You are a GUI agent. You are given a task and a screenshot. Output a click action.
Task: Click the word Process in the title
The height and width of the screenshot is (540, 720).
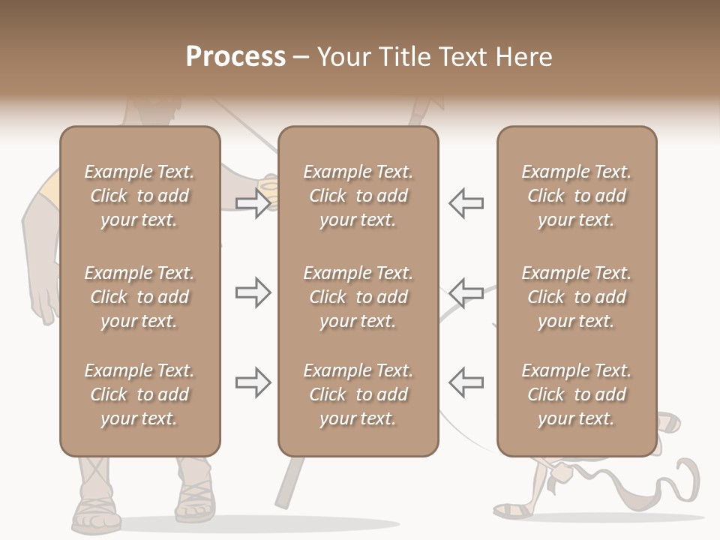pos(235,57)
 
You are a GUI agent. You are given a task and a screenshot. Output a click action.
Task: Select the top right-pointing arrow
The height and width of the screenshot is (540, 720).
pos(253,203)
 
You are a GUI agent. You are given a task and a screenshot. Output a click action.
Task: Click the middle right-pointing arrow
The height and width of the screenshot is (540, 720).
pos(253,292)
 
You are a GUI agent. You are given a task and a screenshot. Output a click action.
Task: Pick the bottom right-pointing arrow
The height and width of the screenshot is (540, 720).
pos(253,382)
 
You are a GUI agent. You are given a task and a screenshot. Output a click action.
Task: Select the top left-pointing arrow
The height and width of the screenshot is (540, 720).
pos(466,203)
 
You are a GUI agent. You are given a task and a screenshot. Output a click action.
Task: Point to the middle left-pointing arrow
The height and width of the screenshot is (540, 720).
pos(466,292)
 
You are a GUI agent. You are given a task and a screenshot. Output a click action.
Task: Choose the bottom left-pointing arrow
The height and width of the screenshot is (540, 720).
pos(466,382)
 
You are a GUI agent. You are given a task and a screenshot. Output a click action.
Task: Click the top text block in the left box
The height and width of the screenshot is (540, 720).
pos(139,196)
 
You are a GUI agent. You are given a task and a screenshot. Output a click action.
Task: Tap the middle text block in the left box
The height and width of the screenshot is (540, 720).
pos(139,297)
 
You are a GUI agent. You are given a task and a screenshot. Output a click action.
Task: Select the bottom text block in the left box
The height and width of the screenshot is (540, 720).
pos(139,394)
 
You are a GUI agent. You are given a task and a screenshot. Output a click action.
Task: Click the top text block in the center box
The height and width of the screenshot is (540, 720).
pos(358,196)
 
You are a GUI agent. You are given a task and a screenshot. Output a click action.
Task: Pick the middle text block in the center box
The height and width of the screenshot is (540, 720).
pos(358,297)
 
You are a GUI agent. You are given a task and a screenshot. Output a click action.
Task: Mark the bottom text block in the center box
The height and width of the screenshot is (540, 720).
pos(358,394)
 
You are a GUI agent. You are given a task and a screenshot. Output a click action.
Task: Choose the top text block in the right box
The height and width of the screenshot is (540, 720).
pos(576,196)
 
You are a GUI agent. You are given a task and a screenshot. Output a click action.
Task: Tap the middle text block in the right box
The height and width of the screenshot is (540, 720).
pos(576,297)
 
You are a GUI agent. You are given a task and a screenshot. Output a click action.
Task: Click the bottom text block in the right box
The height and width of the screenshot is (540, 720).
pos(576,394)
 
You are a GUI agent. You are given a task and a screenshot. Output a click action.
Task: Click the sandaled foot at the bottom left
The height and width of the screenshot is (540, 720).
pos(95,511)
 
